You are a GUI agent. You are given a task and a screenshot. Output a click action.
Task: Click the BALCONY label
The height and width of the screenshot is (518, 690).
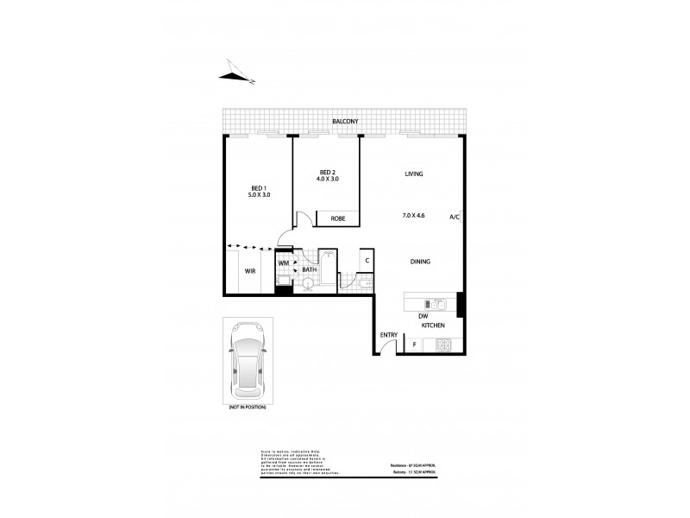(x=345, y=123)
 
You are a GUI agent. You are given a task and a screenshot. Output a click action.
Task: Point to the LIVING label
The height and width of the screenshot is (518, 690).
(x=414, y=174)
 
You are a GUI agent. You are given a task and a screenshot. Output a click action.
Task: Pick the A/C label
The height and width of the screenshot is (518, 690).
(x=455, y=217)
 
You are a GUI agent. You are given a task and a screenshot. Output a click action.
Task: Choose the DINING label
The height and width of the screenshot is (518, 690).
(x=420, y=262)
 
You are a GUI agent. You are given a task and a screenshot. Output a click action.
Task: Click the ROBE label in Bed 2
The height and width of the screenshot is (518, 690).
(x=338, y=219)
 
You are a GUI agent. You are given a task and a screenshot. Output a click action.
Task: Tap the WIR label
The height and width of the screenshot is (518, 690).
(x=250, y=271)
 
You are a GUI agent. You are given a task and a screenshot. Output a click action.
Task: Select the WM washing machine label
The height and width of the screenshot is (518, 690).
(x=283, y=262)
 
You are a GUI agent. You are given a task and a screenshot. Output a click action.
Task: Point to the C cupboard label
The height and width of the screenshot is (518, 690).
(x=367, y=260)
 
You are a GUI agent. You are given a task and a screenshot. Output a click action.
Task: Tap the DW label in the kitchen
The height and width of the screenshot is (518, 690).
(x=423, y=315)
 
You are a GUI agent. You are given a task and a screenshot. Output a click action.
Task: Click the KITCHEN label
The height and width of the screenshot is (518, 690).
(x=433, y=325)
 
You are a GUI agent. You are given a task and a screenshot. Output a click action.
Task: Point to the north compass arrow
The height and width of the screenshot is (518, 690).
(x=235, y=74)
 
